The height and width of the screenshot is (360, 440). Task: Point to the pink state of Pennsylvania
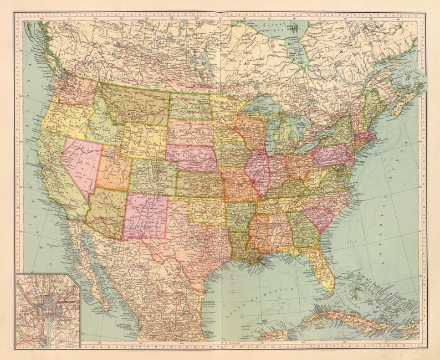pyautogui.click(x=331, y=155)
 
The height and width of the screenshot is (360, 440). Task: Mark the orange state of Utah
pyautogui.click(x=114, y=171)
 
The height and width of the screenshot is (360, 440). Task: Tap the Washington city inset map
pyautogui.click(x=48, y=310)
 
